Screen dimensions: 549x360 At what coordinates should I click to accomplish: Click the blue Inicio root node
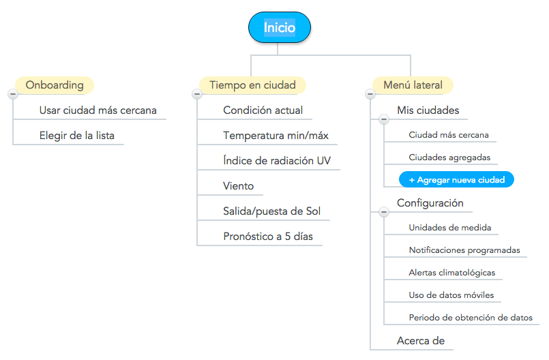coord(280,27)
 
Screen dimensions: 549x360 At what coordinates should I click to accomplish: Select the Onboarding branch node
coord(55,85)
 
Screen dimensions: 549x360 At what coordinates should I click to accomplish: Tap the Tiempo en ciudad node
coord(252,85)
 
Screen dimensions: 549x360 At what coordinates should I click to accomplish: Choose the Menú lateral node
coord(413,85)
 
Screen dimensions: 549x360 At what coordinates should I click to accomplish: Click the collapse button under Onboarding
coord(13,94)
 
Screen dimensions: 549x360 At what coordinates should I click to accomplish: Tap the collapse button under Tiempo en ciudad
coord(197,94)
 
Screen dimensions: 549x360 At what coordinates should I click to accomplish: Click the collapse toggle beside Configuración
coord(384,212)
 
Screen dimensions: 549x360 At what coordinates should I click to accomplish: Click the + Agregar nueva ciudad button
coord(456,179)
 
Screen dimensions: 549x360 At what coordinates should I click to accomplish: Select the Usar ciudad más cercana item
coord(98,110)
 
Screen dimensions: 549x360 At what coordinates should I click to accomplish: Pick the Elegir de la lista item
coord(77,136)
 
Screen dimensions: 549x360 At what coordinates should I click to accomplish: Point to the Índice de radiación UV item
coord(277,160)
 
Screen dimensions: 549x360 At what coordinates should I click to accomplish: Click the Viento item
coord(239,186)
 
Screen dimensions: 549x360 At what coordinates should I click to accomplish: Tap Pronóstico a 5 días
coord(268,237)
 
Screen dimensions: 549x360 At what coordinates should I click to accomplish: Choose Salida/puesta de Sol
coord(272,211)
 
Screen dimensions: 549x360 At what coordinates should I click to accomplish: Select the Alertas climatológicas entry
coord(452,273)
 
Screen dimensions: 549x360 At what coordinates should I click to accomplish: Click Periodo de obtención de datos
coord(471,318)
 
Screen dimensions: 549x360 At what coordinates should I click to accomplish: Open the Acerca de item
coord(421,341)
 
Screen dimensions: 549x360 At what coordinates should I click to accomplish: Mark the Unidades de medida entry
coord(450,228)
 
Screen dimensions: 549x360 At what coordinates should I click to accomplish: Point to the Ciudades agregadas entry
coord(449,157)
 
